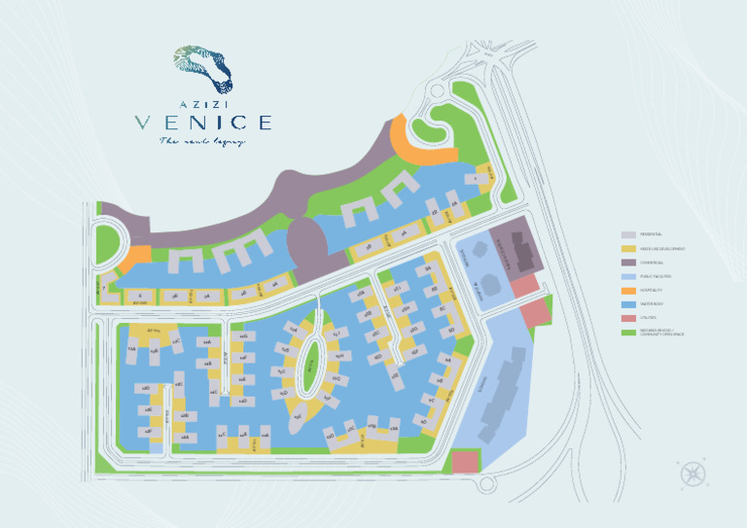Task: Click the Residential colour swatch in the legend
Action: (x=628, y=234)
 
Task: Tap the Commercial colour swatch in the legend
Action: (x=628, y=263)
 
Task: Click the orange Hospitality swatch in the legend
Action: (x=628, y=291)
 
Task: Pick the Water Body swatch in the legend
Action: (x=628, y=304)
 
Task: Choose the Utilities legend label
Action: (x=648, y=319)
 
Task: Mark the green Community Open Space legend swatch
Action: (x=628, y=333)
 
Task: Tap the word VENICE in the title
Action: (x=202, y=123)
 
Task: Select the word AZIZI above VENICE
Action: (x=202, y=102)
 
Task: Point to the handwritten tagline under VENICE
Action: (x=202, y=141)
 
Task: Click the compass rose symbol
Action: (x=693, y=474)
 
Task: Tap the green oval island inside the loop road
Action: (x=308, y=365)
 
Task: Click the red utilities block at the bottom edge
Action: (x=466, y=461)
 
